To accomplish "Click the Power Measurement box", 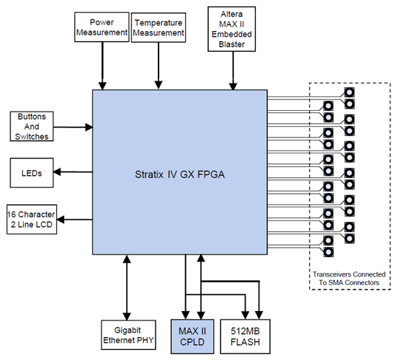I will [x=102, y=26].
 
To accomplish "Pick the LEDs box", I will [x=30, y=172].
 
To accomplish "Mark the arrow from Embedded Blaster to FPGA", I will [x=232, y=71].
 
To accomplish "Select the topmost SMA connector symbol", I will [x=349, y=92].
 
